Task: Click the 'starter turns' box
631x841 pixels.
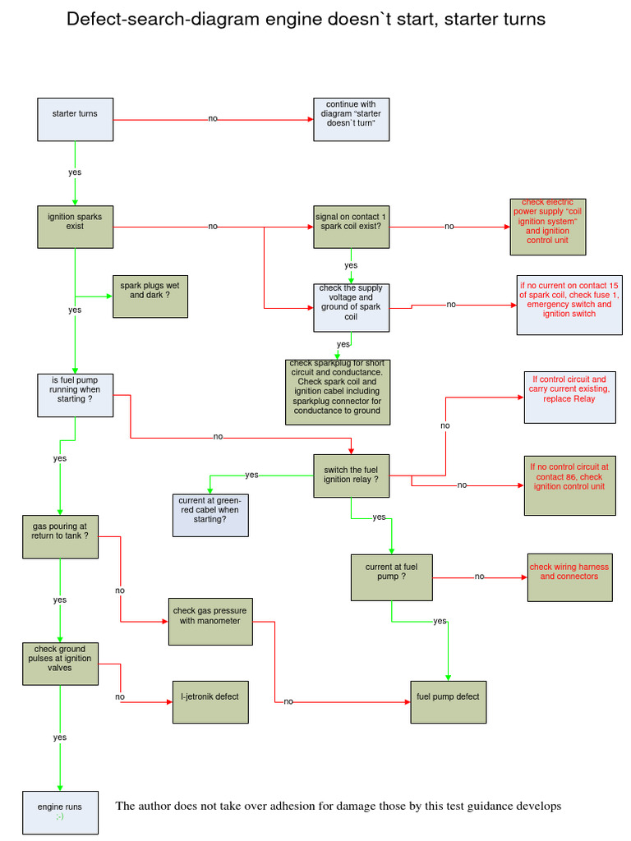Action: [x=76, y=119]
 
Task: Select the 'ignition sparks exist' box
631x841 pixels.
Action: [x=76, y=226]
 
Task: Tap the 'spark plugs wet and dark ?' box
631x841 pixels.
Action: [x=150, y=296]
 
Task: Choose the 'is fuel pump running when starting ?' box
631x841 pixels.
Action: [x=76, y=395]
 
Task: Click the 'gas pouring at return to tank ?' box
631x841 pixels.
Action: [x=60, y=537]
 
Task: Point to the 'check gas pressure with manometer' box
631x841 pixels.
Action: [x=210, y=621]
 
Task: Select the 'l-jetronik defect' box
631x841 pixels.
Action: [x=210, y=701]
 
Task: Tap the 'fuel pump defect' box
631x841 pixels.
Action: [x=448, y=701]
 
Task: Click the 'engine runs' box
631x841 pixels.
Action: [x=60, y=812]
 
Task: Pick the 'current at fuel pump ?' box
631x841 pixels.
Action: [x=391, y=577]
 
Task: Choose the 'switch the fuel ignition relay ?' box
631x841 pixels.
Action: [x=352, y=476]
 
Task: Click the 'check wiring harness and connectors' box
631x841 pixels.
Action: [x=569, y=577]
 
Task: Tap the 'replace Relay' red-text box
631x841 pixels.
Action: [x=569, y=398]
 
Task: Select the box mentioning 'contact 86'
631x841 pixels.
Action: [x=569, y=485]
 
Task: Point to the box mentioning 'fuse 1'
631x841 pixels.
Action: [x=569, y=305]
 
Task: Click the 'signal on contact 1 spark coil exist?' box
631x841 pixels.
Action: [x=351, y=226]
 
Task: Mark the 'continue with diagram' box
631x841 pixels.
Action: [x=351, y=119]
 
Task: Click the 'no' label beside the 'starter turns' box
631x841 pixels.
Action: [x=213, y=119]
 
